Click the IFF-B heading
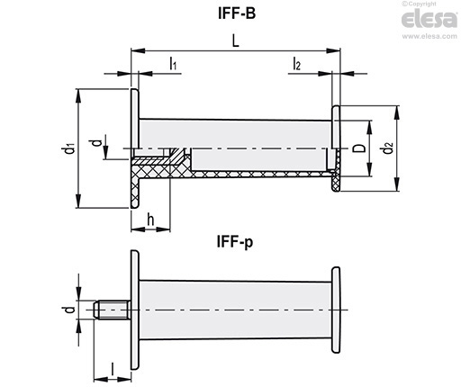[x=237, y=13]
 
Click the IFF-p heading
[x=235, y=242]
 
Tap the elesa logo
[x=429, y=19]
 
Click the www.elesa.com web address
[x=429, y=36]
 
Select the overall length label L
[x=236, y=40]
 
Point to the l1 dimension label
[x=173, y=64]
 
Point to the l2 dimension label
[x=296, y=64]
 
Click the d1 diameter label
[x=70, y=148]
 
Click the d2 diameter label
[x=388, y=148]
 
